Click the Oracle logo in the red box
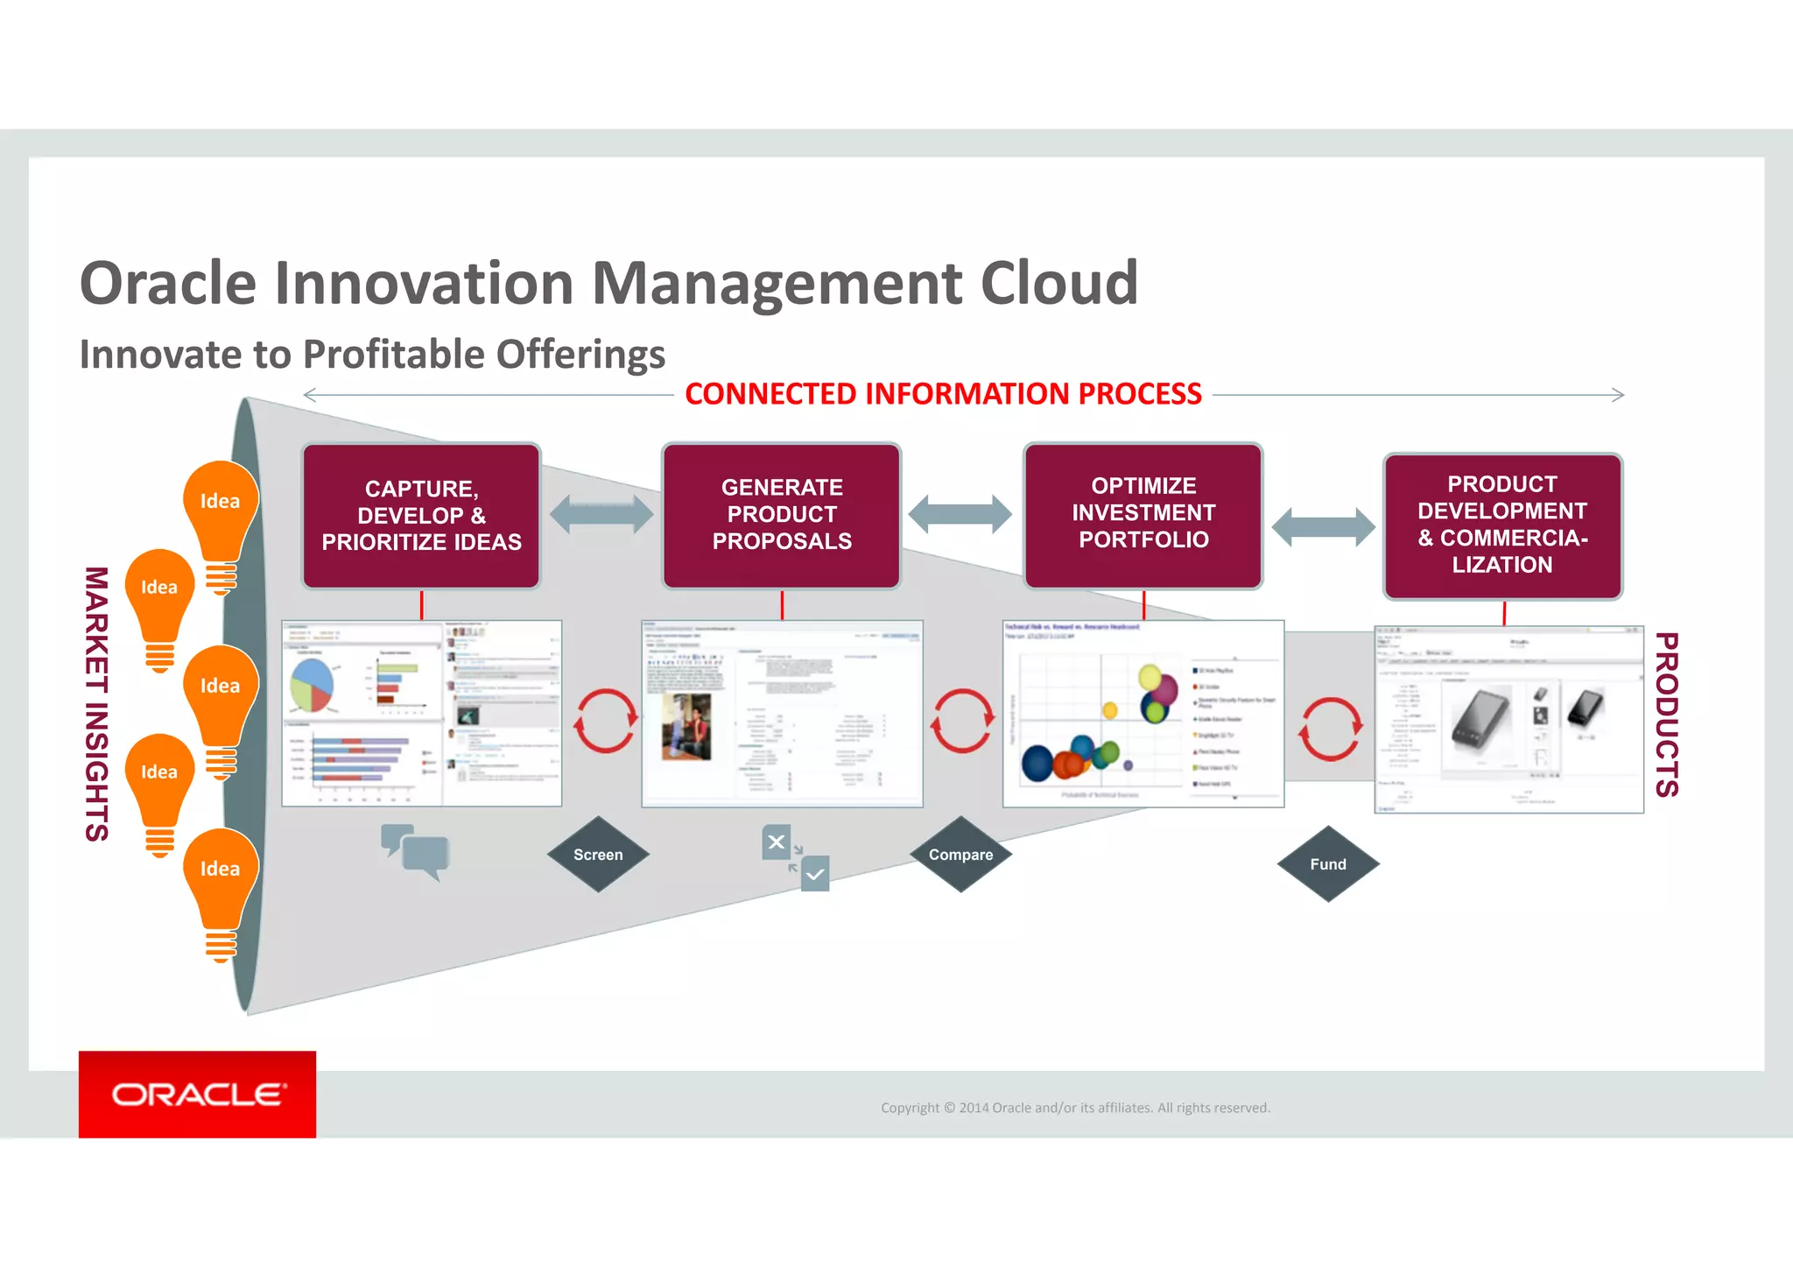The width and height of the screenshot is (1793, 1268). [x=198, y=1095]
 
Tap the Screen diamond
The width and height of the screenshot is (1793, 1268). [x=598, y=855]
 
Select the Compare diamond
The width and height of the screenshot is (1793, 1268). [x=960, y=855]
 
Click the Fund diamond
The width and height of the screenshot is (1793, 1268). [x=1328, y=864]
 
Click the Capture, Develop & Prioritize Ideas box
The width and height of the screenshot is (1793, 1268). [x=421, y=516]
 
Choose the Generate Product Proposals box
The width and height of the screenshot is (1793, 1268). [x=782, y=515]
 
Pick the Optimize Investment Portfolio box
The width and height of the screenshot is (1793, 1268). [x=1143, y=514]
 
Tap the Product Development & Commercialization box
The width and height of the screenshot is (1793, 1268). [x=1502, y=525]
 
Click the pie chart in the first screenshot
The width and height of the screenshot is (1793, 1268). [x=312, y=685]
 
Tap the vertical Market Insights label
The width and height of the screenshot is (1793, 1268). [x=96, y=704]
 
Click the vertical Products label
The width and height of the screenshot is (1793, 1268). [x=1666, y=715]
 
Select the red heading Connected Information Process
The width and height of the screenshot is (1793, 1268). [x=943, y=394]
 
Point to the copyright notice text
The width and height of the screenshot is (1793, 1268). [x=1075, y=1108]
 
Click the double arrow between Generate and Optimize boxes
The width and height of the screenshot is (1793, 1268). [x=960, y=514]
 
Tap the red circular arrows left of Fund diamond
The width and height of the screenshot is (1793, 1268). [x=1330, y=729]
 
